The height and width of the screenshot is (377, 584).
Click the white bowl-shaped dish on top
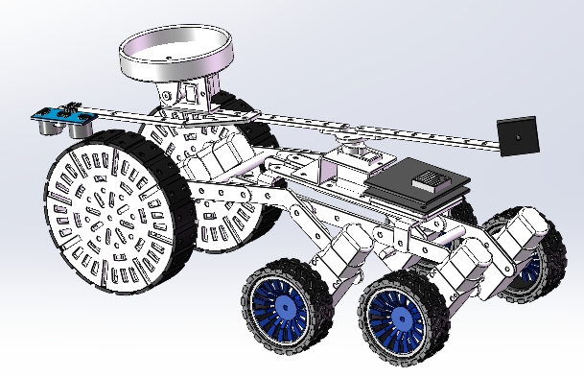pyautogui.click(x=174, y=58)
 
